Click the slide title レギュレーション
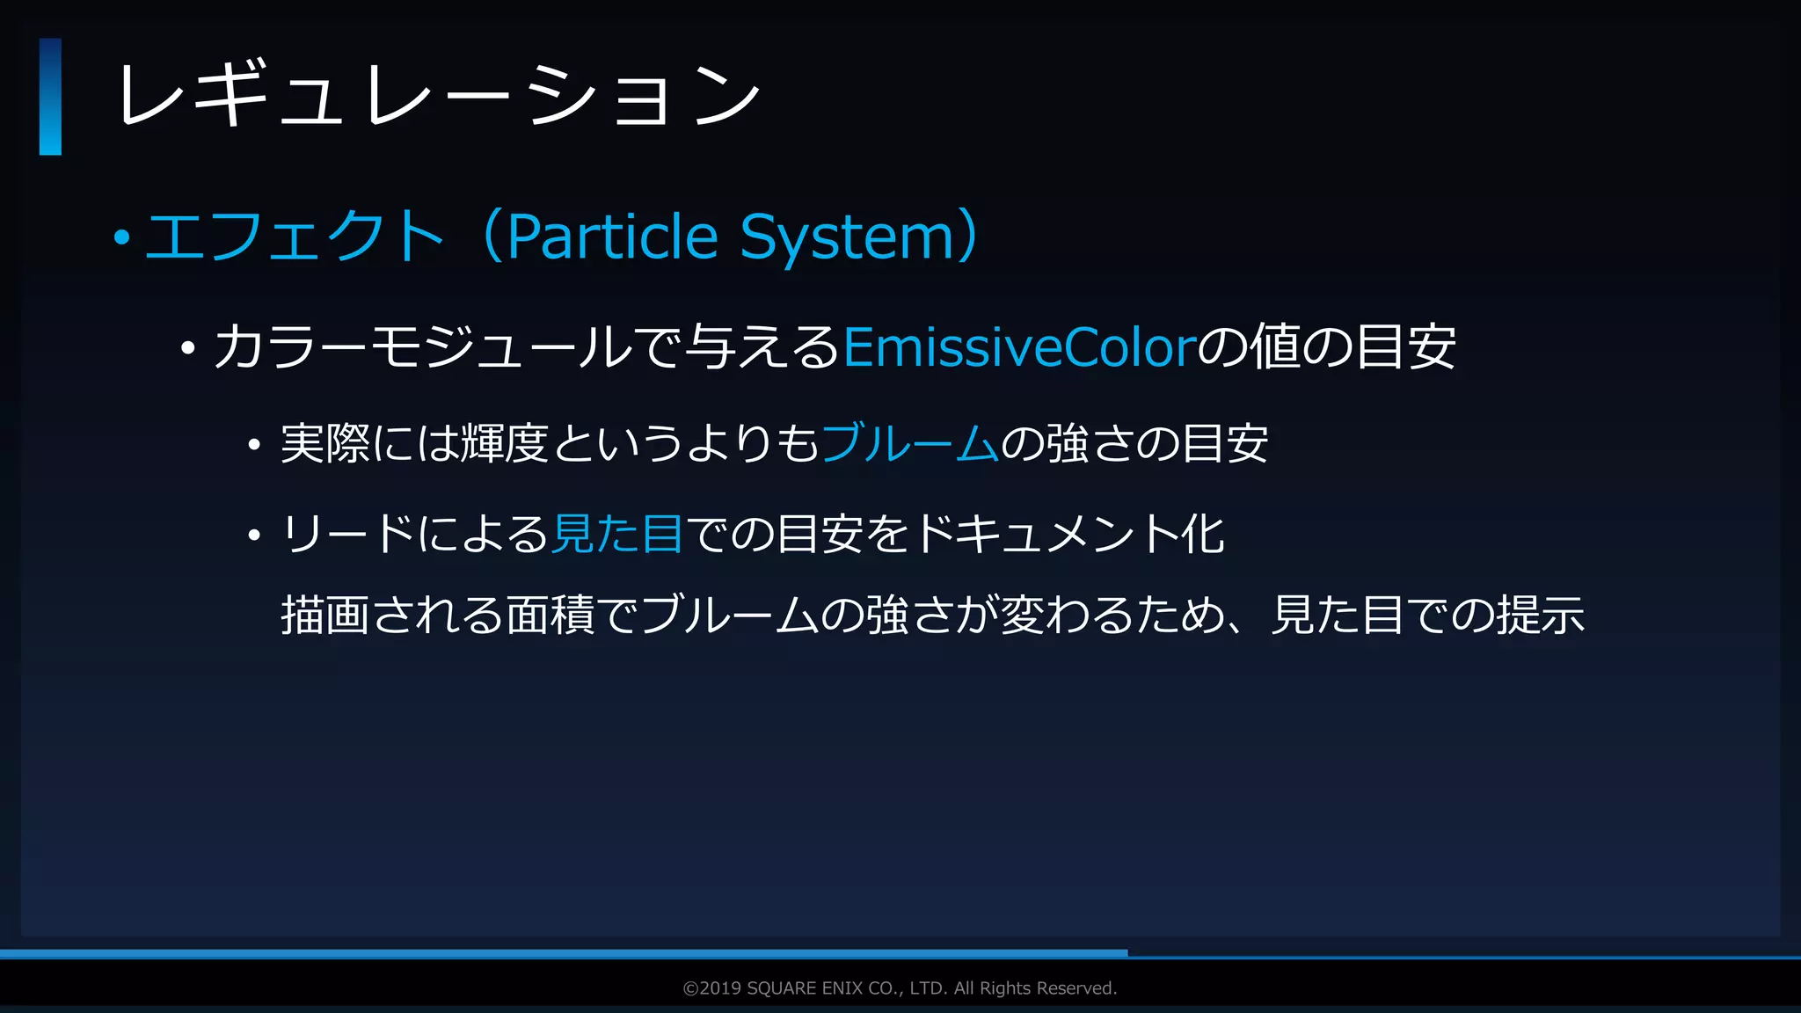pyautogui.click(x=437, y=95)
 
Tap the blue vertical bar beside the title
pyautogui.click(x=50, y=97)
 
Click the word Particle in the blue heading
pyautogui.click(x=613, y=237)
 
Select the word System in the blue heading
pyautogui.click(x=847, y=237)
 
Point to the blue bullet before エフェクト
pyautogui.click(x=122, y=237)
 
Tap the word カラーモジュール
pyautogui.click(x=422, y=347)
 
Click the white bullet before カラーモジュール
pyautogui.click(x=187, y=349)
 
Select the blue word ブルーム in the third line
pyautogui.click(x=909, y=443)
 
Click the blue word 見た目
pyautogui.click(x=617, y=534)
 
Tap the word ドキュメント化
pyautogui.click(x=1068, y=534)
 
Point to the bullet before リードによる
pyautogui.click(x=254, y=536)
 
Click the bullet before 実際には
pyautogui.click(x=254, y=445)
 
